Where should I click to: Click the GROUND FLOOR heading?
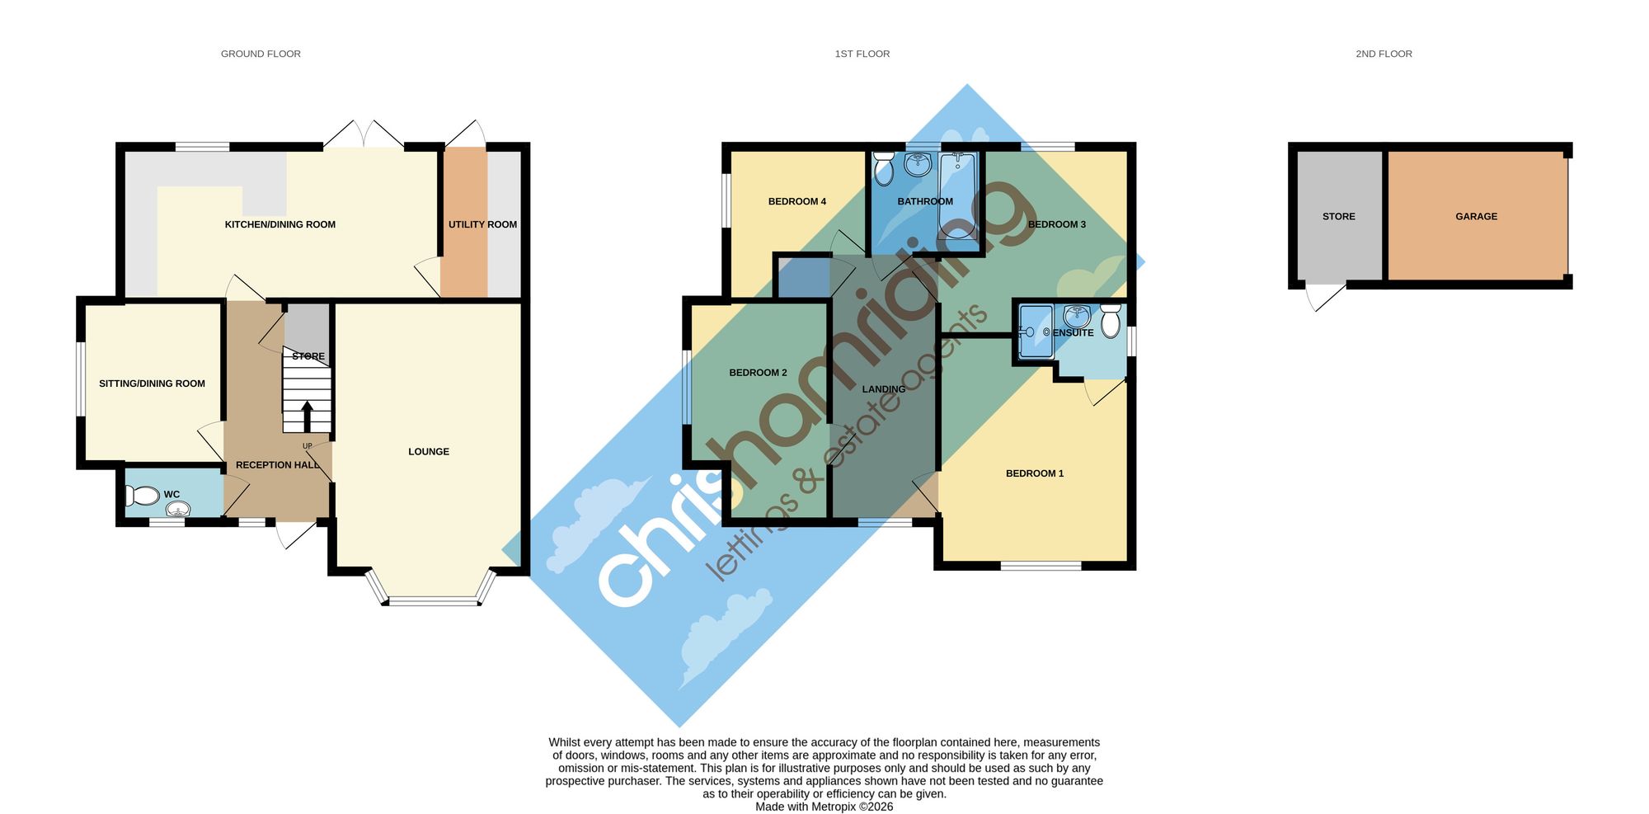(x=261, y=54)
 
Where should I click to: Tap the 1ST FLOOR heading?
(x=862, y=54)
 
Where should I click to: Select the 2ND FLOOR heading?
(x=1384, y=54)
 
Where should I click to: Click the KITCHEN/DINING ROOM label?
(x=280, y=224)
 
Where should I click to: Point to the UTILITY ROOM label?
(x=482, y=224)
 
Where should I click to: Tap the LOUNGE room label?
(x=429, y=451)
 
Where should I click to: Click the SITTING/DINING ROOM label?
(x=152, y=383)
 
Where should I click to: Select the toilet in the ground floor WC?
(x=142, y=495)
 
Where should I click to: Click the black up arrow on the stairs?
(x=307, y=416)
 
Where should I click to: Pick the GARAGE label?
(x=1476, y=216)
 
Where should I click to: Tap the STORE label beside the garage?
(x=1338, y=216)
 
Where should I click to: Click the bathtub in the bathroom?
(x=957, y=195)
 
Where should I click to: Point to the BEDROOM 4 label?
(x=796, y=201)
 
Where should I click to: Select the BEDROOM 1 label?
(x=1035, y=473)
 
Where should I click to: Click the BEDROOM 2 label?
(x=758, y=373)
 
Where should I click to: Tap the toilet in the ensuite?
(x=1111, y=321)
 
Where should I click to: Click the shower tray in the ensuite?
(x=1036, y=332)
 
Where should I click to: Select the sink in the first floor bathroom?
(x=918, y=165)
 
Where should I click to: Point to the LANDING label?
(x=883, y=389)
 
